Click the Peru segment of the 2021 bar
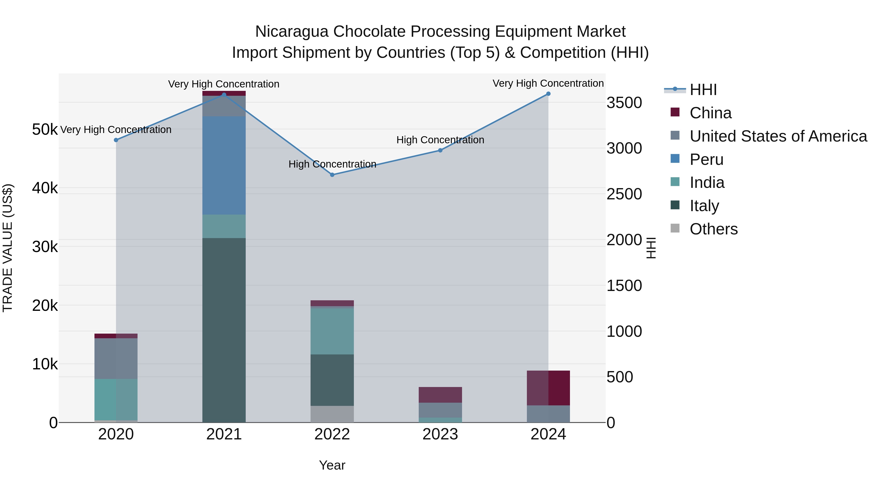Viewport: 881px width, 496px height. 224,165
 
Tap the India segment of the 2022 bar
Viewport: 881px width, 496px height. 332,331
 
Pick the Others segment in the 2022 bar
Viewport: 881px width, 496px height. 332,414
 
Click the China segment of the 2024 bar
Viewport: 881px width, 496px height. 548,388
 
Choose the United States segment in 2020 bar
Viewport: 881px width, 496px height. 116,358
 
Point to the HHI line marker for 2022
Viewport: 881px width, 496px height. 332,175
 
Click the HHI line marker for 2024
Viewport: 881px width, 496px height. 548,94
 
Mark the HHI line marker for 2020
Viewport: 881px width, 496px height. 116,140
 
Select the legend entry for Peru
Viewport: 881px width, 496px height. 706,159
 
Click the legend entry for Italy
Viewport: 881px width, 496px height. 704,206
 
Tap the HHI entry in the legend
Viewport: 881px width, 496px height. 703,90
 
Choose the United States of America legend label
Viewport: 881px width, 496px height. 778,136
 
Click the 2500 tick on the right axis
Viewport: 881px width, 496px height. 624,194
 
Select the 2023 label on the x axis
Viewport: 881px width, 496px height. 440,434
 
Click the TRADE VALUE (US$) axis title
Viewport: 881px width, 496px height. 8,248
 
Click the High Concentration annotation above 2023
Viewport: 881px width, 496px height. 440,140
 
